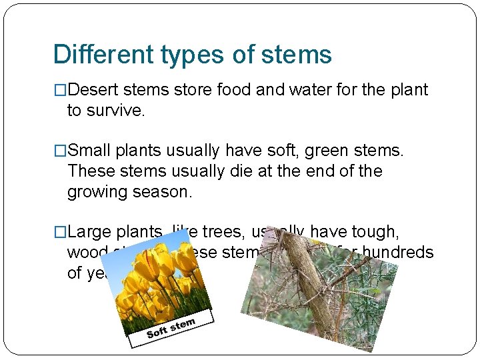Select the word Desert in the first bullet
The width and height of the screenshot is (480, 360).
[93, 90]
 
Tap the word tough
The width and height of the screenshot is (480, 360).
[374, 232]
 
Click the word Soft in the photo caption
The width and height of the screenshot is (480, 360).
[157, 331]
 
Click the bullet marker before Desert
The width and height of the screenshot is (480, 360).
[59, 90]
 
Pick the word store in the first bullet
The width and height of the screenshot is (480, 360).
[191, 90]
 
